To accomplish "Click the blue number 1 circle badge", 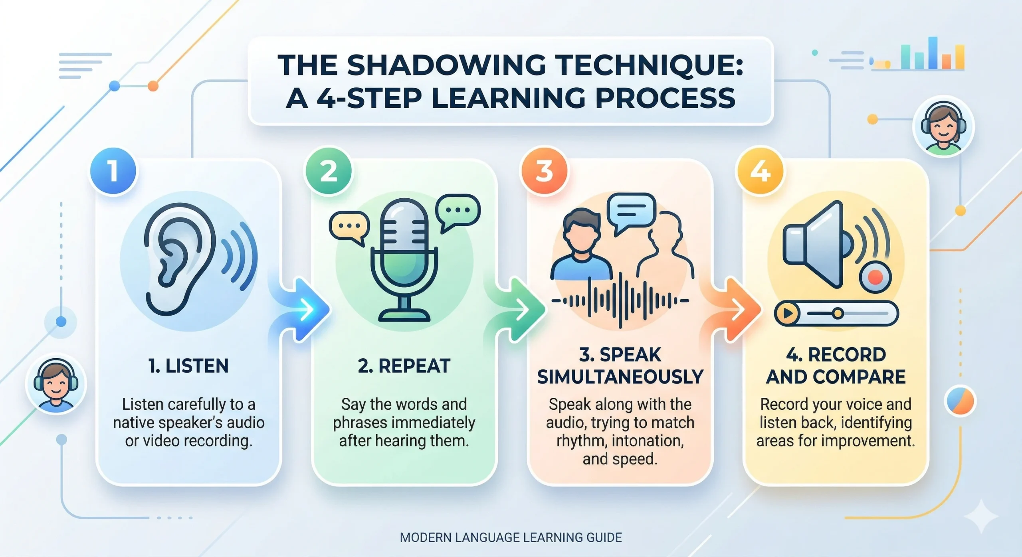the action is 113,171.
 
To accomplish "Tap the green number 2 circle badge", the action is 329,171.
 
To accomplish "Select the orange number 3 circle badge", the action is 544,171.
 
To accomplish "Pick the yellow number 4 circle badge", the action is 760,171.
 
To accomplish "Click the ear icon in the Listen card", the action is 180,259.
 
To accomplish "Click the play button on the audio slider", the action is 787,314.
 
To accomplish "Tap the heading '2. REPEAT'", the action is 404,366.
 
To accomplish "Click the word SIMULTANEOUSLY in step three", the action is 620,377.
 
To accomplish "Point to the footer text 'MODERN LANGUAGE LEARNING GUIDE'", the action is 511,537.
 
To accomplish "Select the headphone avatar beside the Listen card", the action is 56,384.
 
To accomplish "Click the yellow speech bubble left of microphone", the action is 349,227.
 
